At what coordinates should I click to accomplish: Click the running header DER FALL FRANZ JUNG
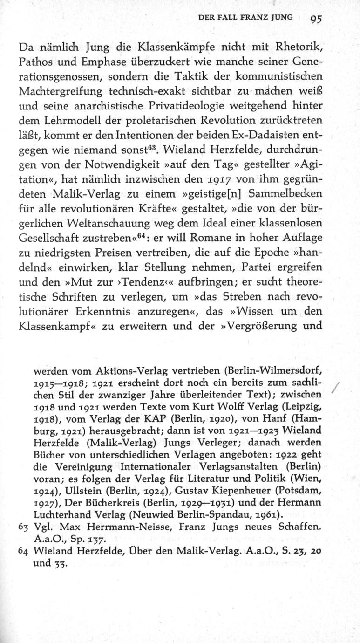[x=245, y=18]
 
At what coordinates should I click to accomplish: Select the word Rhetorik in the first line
[x=298, y=47]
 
